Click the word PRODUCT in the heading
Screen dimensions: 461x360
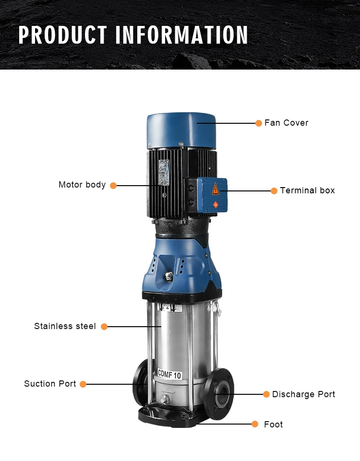[x=62, y=35]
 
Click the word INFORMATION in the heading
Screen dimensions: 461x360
[x=182, y=35]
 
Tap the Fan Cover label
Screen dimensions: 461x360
[x=286, y=123]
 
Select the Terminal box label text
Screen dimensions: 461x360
[x=307, y=190]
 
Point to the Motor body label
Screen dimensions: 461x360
[x=82, y=185]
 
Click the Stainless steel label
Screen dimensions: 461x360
[x=65, y=326]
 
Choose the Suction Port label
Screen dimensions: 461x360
[x=50, y=384]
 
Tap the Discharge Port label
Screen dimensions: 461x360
[x=303, y=394]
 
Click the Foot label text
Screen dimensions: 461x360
[x=273, y=424]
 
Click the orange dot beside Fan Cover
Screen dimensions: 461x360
[x=259, y=123]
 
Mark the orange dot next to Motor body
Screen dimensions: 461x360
[x=113, y=186]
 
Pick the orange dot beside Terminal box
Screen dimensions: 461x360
[x=274, y=191]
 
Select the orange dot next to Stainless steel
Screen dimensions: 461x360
[x=104, y=327]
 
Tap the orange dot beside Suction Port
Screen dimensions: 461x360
[x=83, y=384]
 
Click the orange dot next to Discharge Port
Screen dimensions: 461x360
[x=266, y=394]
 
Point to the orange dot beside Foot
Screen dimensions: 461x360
[x=255, y=424]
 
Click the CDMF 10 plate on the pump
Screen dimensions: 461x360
[x=169, y=374]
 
